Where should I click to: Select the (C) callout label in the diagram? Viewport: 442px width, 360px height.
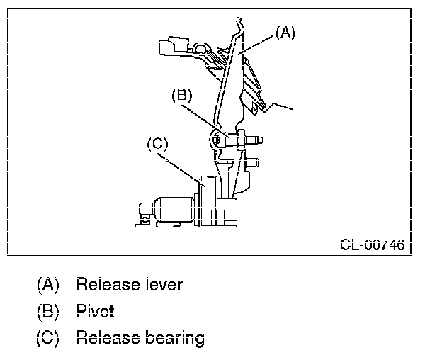click(x=157, y=144)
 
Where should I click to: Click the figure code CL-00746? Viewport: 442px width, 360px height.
click(x=373, y=245)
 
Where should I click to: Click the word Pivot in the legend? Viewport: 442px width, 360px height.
click(x=95, y=310)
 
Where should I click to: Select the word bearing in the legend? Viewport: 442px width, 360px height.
click(x=173, y=337)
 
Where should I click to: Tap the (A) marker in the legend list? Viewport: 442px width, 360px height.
click(x=47, y=285)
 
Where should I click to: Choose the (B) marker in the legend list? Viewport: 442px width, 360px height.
click(x=47, y=310)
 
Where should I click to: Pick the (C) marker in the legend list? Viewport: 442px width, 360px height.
click(x=47, y=337)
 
